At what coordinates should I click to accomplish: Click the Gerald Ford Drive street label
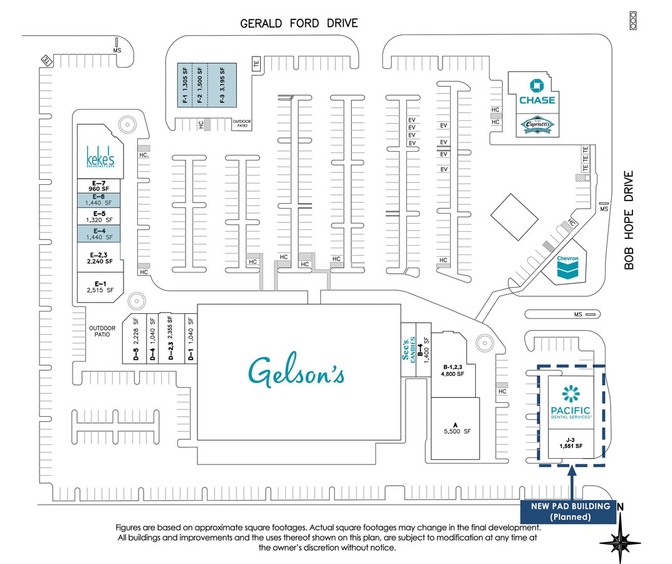[x=299, y=24]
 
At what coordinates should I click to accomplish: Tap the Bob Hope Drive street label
[x=629, y=220]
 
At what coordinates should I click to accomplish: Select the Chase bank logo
[x=537, y=93]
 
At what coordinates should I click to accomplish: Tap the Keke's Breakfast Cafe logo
[x=100, y=157]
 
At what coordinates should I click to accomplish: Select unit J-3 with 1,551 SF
[x=570, y=442]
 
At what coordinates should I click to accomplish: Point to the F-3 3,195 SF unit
[x=222, y=85]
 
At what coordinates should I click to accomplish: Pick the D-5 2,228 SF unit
[x=134, y=338]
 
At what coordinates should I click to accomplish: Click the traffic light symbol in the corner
[x=633, y=21]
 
